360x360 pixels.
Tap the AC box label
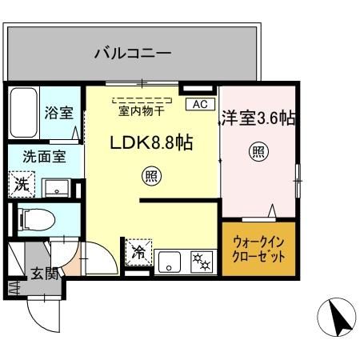tap(199, 104)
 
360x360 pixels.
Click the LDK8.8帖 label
tap(153, 144)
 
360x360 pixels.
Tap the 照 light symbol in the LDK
tap(150, 175)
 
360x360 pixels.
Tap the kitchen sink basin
tap(170, 260)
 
